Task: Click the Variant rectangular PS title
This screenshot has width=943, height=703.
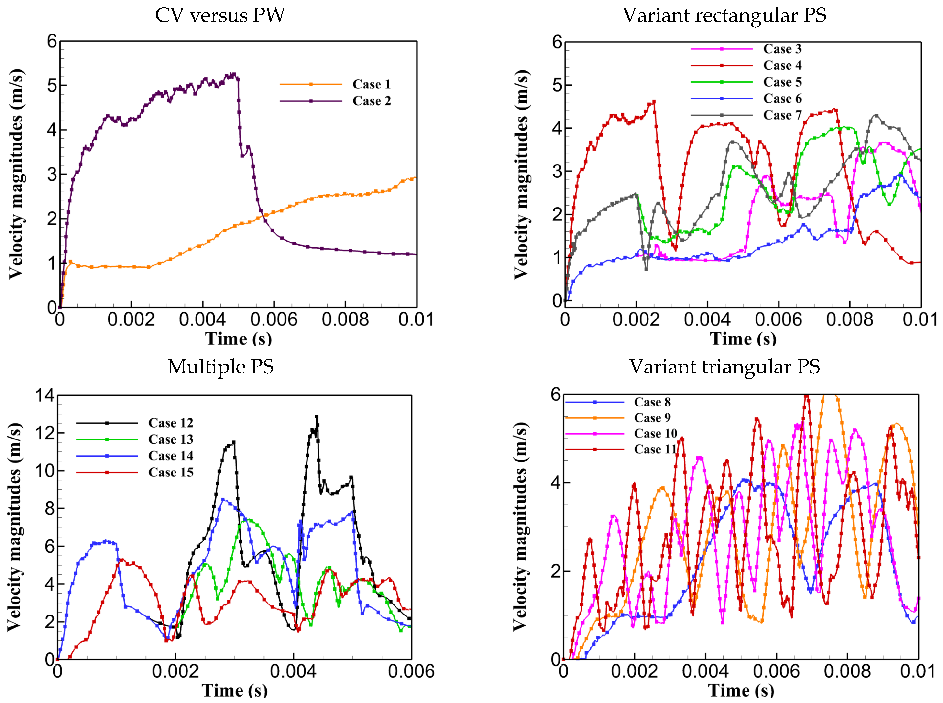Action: pyautogui.click(x=724, y=16)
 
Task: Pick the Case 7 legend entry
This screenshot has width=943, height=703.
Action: pyautogui.click(x=782, y=115)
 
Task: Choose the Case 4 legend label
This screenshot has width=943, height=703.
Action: pyautogui.click(x=782, y=66)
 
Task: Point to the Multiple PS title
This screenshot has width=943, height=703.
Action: pyautogui.click(x=220, y=367)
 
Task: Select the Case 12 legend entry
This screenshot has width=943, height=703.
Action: pyautogui.click(x=171, y=423)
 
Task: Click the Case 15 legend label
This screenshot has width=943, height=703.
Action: pyautogui.click(x=171, y=472)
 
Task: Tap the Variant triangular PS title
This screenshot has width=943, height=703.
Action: pyautogui.click(x=724, y=367)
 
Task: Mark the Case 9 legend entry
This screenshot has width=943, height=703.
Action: pyautogui.click(x=652, y=418)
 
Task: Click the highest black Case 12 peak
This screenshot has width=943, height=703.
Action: pyautogui.click(x=317, y=417)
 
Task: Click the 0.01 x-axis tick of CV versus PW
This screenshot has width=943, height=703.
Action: pyautogui.click(x=416, y=319)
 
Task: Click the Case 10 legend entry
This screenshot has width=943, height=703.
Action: pyautogui.click(x=655, y=434)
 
